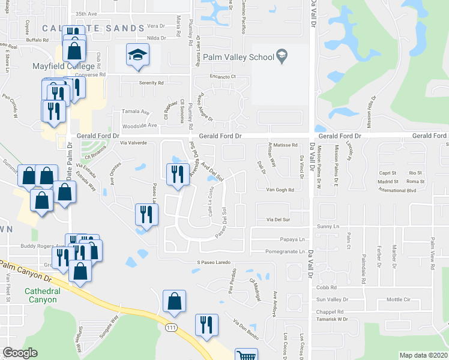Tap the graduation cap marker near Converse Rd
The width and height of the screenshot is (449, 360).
[137, 55]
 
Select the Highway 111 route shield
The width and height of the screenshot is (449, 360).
[170, 325]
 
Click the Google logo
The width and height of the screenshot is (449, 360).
[20, 353]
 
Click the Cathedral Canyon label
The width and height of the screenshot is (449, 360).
[42, 295]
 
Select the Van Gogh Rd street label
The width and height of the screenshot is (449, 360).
[280, 190]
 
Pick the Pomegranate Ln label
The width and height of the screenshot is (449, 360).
[281, 251]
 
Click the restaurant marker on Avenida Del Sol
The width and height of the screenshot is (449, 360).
[176, 174]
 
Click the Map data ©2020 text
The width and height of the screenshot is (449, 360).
[423, 355]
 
